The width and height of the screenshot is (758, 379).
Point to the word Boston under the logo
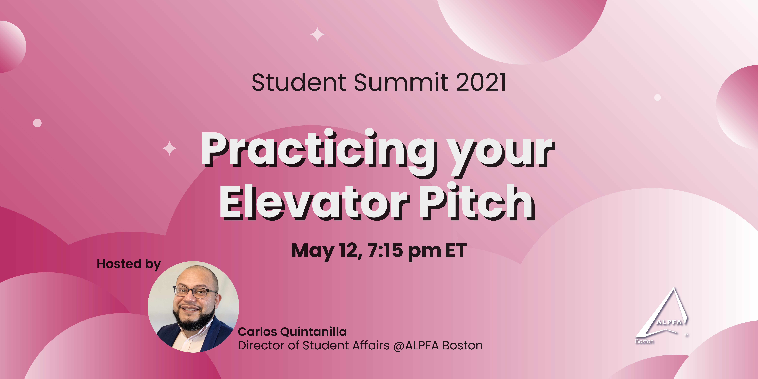tap(644, 341)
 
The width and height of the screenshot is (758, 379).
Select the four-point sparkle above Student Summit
tap(317, 34)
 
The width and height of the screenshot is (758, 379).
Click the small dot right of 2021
tap(657, 97)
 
